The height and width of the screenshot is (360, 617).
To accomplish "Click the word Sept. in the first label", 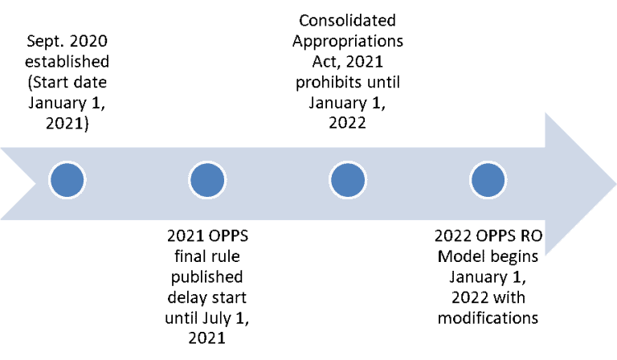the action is pos(42,42).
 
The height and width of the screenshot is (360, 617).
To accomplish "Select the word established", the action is pos(67,62).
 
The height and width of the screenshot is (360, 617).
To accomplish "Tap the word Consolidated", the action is pos(347,20).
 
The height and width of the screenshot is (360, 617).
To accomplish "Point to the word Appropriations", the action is pos(348,42).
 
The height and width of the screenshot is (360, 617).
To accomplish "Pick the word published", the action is pos(207,277).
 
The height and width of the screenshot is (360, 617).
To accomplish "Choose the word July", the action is pos(217,318).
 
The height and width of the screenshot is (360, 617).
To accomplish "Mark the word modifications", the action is pos(488,318).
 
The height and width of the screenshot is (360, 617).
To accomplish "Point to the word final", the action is pos(190,256).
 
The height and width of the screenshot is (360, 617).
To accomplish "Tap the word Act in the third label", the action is pos(325,62).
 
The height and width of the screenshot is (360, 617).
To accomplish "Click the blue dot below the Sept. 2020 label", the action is pos(67,180).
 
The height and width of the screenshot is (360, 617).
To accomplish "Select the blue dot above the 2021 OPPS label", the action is pos(207,180).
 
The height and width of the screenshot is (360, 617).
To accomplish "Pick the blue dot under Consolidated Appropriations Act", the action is pos(348,180).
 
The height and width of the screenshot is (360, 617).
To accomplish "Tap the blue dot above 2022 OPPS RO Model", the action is pos(488,180).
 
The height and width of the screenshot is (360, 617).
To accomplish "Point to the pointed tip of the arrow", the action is pos(615,184).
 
